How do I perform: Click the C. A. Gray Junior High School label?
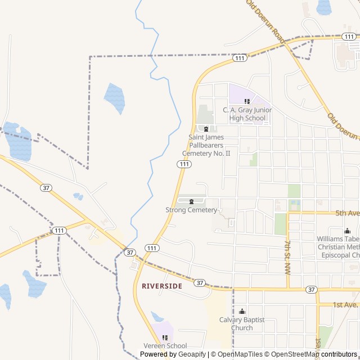click(x=244, y=114)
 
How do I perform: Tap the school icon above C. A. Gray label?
click(x=246, y=101)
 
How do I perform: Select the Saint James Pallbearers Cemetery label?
click(x=206, y=145)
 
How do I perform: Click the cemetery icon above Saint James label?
click(x=206, y=129)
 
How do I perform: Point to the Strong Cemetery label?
click(x=191, y=210)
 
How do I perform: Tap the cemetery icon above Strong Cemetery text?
click(x=192, y=201)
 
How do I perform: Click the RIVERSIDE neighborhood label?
click(x=162, y=286)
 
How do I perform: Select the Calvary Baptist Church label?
click(x=242, y=324)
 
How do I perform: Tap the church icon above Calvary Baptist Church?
click(x=242, y=312)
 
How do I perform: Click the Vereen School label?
click(x=165, y=346)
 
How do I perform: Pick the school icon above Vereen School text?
click(x=165, y=337)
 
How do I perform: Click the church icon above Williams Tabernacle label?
click(x=347, y=231)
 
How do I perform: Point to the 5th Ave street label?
click(x=347, y=213)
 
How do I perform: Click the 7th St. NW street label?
click(x=287, y=256)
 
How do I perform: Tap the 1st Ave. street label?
click(x=345, y=304)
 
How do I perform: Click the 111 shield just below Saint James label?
click(x=184, y=164)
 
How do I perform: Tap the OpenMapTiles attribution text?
click(x=238, y=354)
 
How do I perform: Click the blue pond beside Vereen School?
click(x=157, y=317)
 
